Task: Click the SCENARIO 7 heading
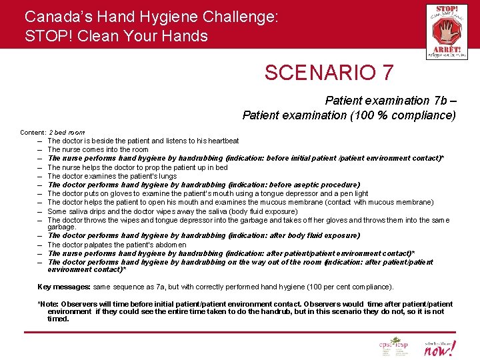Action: (329, 72)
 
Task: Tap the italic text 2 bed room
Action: (67, 133)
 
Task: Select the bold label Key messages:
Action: (63, 287)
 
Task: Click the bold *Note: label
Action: (48, 304)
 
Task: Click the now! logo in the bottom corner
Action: (441, 347)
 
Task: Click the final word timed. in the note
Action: (58, 319)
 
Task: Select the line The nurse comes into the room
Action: (98, 149)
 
